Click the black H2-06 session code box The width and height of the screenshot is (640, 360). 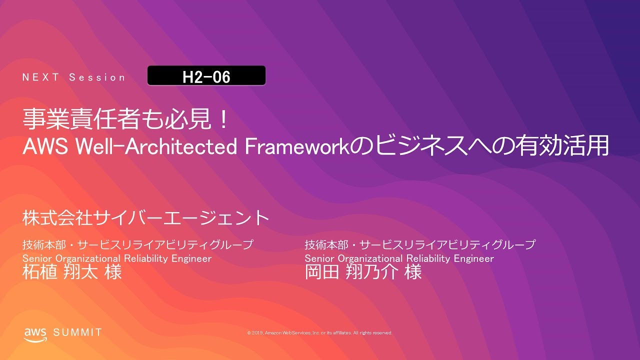206,76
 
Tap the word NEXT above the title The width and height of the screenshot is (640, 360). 41,77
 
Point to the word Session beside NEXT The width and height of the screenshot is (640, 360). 97,77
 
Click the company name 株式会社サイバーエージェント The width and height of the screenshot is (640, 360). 146,217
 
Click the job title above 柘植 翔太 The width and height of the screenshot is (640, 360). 117,258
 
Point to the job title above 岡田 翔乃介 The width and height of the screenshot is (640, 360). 399,258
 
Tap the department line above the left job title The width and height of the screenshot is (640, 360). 137,245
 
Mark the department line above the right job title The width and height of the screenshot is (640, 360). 420,245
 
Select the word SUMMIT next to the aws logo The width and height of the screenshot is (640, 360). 77,332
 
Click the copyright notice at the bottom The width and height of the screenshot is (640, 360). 319,332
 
